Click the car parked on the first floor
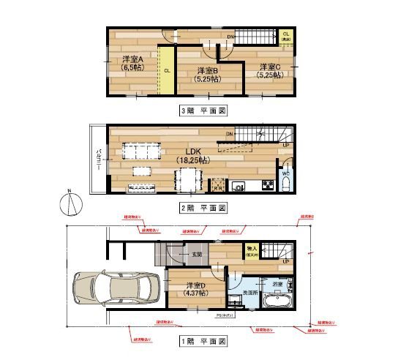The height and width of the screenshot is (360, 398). coord(116,289)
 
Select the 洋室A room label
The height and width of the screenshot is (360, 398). coord(132,63)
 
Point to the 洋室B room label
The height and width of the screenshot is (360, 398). coord(208,75)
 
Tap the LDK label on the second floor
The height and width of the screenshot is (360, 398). coord(192,154)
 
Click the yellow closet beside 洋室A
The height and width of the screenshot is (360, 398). coord(168,71)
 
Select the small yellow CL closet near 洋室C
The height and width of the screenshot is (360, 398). coord(285,37)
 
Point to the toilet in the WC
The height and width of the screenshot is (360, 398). coord(285,182)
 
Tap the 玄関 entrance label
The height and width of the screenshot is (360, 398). coord(197,255)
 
